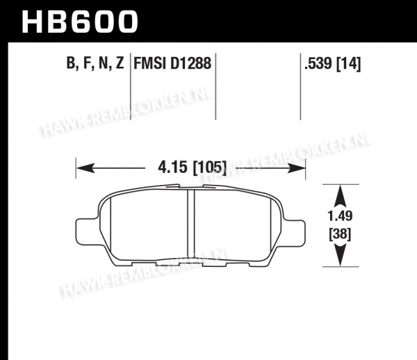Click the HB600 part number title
79,22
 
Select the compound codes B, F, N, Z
95,63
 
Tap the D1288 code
190,63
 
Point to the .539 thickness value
318,63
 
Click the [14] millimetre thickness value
349,64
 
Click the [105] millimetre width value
210,167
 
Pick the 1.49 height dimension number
340,216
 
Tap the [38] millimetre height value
340,234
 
